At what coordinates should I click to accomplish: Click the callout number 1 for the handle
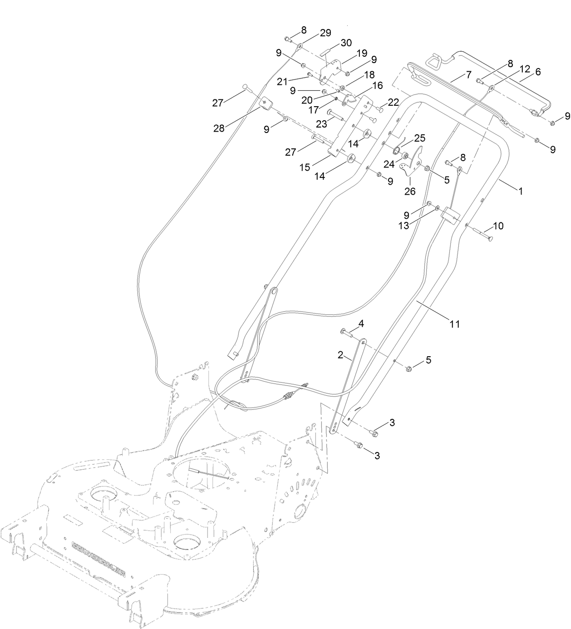tap(521, 192)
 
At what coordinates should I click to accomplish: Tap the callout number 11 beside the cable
tap(454, 324)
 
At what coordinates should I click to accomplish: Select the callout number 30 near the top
tap(346, 43)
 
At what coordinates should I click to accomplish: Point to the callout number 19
tap(361, 53)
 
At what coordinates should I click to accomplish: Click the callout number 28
tap(219, 128)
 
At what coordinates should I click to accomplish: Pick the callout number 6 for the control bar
tap(538, 72)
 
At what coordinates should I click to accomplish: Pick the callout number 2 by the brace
tap(340, 355)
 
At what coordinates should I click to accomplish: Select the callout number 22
tap(394, 103)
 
